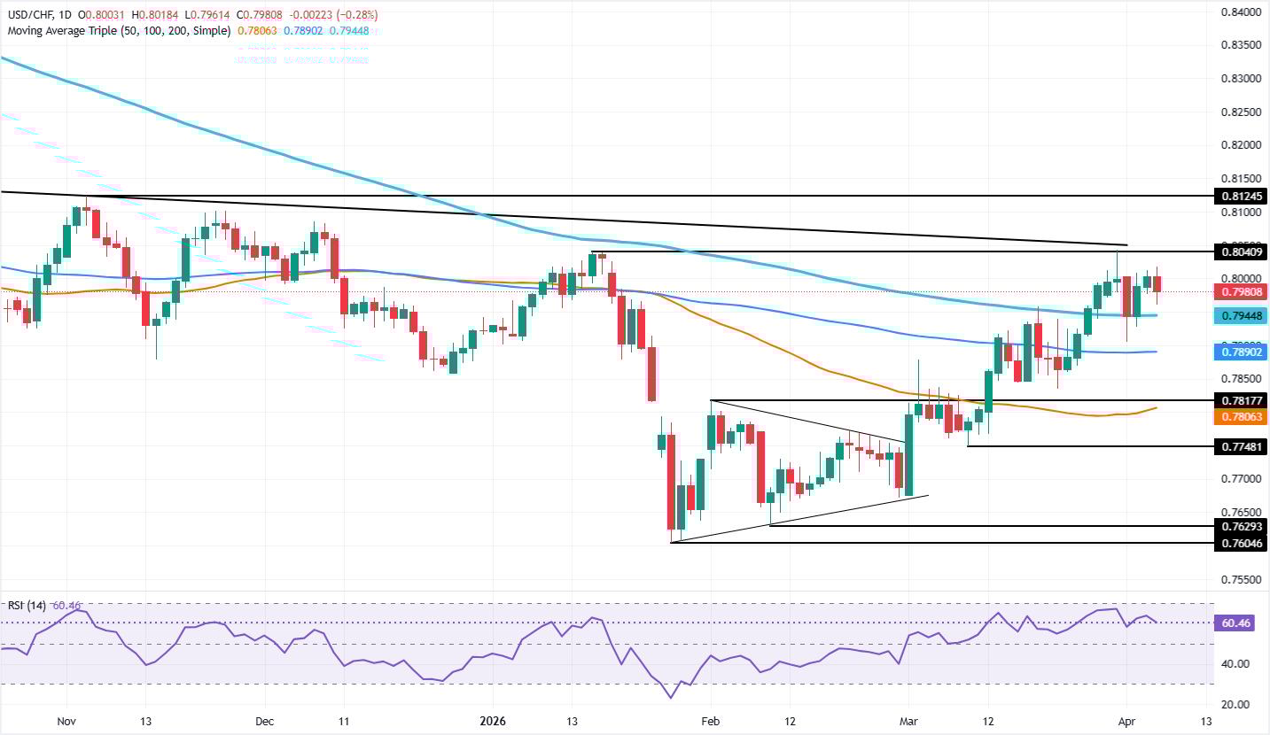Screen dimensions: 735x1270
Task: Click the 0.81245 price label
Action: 1238,196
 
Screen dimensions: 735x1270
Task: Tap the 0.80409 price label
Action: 1238,252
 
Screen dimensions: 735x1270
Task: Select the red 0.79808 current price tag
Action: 1238,291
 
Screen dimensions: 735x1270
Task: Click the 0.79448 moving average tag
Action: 1238,315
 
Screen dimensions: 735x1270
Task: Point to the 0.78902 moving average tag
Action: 1238,352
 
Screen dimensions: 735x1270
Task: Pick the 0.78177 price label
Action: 1238,400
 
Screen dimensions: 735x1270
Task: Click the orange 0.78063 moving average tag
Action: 1238,415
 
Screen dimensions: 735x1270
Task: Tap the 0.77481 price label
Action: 1238,447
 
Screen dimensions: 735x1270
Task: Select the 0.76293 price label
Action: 1238,526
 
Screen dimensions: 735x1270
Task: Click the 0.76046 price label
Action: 1238,543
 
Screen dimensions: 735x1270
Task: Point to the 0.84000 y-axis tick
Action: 1238,12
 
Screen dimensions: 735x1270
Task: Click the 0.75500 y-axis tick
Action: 1238,579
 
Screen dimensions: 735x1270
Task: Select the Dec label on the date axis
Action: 265,722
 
